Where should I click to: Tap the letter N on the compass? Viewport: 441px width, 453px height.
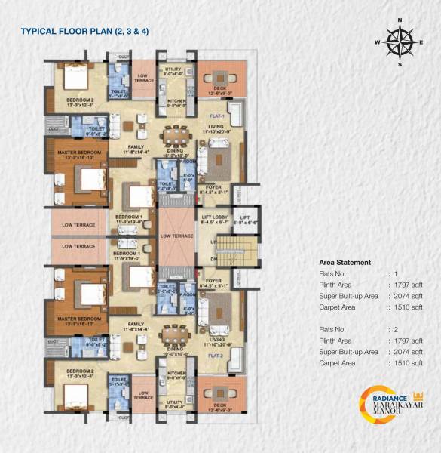pyautogui.click(x=400, y=21)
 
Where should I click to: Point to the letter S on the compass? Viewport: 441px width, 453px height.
pyautogui.click(x=400, y=64)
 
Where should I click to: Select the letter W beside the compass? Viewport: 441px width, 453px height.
pyautogui.click(x=378, y=43)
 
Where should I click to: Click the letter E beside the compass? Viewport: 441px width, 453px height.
pyautogui.click(x=422, y=43)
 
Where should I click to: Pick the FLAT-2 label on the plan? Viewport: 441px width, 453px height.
pyautogui.click(x=219, y=354)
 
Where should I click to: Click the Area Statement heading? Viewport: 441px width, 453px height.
pyautogui.click(x=345, y=262)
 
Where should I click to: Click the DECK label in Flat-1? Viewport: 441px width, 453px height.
pyautogui.click(x=220, y=88)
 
